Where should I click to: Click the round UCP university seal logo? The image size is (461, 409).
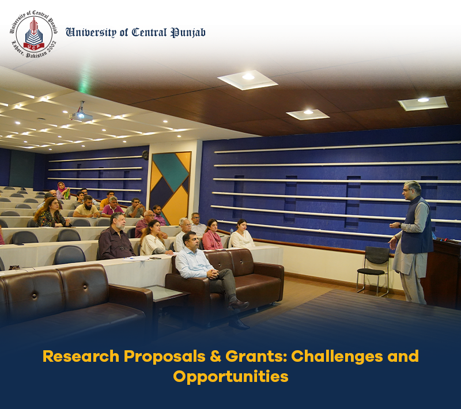point(34,34)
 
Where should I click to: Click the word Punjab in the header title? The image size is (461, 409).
point(188,32)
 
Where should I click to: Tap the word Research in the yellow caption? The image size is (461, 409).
point(81,356)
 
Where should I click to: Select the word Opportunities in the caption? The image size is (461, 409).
point(231,377)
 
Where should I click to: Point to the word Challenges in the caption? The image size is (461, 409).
point(337,357)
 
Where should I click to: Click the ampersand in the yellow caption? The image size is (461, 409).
point(216,356)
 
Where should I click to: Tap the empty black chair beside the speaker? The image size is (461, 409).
point(373,270)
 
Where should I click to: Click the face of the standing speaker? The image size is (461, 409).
point(410,192)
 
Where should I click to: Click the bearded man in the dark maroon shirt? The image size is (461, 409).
point(116,241)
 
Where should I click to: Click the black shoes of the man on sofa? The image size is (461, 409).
point(239,315)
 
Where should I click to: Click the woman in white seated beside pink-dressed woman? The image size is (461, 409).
point(241,234)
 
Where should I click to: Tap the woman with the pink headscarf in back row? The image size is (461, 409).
point(63,191)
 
